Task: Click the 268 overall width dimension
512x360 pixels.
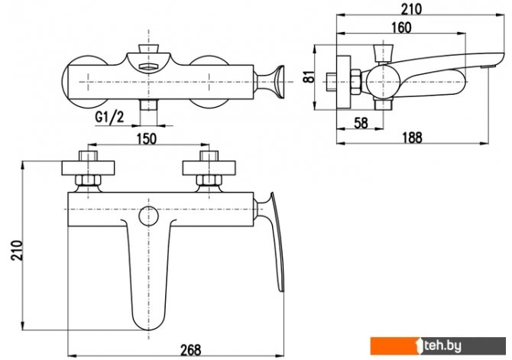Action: [191, 349]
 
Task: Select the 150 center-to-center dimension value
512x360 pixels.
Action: [147, 139]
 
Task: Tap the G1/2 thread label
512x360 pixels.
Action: [109, 117]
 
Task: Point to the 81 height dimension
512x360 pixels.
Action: [309, 76]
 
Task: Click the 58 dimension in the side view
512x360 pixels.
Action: [361, 123]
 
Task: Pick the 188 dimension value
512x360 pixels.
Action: [412, 138]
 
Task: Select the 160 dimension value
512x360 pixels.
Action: [401, 28]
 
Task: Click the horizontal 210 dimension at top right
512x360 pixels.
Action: [411, 9]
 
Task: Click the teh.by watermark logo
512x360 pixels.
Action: [438, 346]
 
